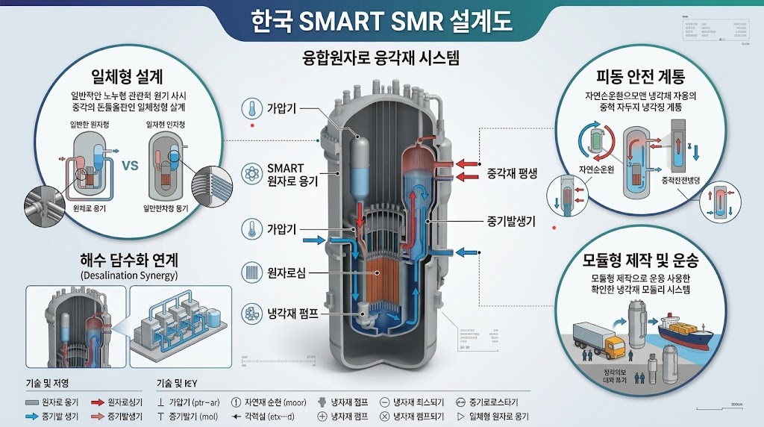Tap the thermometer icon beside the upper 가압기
click(251, 109)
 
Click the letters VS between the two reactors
click(131, 166)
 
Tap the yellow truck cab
click(614, 344)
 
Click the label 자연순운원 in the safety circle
click(591, 170)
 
